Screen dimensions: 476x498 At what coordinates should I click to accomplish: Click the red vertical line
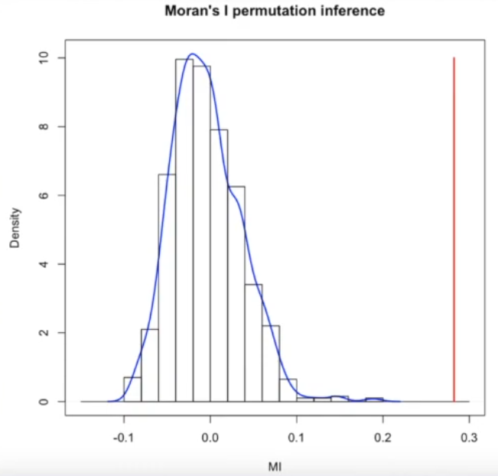pos(454,230)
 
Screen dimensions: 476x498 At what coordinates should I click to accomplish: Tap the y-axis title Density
pos(15,230)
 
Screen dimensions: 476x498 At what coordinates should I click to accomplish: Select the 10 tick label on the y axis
pos(44,57)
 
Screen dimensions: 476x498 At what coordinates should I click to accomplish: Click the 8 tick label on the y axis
pos(44,126)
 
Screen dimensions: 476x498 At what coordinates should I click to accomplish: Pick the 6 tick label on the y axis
pos(44,195)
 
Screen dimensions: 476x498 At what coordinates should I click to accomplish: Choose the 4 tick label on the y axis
pos(44,264)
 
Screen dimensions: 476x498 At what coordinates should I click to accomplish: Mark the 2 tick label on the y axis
pos(44,333)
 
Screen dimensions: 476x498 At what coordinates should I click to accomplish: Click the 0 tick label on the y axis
pos(44,401)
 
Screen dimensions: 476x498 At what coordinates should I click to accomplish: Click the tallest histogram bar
pos(184,230)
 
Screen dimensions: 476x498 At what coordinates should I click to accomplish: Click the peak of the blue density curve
pos(192,54)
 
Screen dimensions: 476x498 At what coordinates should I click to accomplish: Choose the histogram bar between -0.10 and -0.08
pos(132,390)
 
